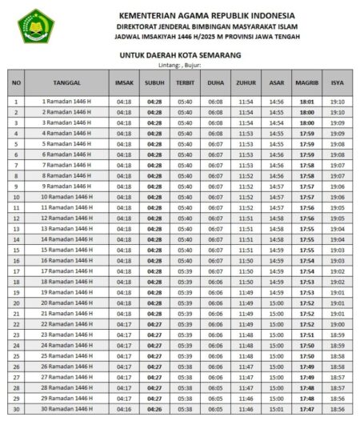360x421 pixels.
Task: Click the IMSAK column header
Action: [x=124, y=82]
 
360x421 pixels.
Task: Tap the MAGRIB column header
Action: [x=306, y=82]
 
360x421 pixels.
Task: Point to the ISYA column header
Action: [x=338, y=82]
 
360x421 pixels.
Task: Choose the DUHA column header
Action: [x=216, y=82]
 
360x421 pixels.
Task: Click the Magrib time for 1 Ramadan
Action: [x=306, y=102]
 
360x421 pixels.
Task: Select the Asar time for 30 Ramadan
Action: [x=277, y=409]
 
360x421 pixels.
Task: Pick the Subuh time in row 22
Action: [x=154, y=324]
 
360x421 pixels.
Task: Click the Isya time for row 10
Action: [x=338, y=197]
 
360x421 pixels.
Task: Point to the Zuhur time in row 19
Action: [x=246, y=292]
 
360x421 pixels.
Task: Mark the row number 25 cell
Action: [x=17, y=356]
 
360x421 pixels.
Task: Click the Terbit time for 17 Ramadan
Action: [x=185, y=271]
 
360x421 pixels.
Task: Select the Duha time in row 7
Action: [x=216, y=166]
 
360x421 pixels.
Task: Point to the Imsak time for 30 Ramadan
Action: [x=124, y=409]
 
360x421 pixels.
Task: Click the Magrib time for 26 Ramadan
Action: [x=306, y=367]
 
